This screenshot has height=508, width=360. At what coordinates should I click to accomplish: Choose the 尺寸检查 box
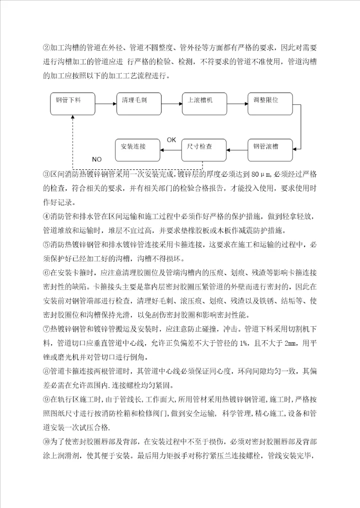(x=202, y=148)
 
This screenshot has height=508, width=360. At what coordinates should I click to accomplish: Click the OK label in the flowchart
(x=171, y=139)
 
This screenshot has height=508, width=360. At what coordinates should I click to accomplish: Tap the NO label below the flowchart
(x=96, y=159)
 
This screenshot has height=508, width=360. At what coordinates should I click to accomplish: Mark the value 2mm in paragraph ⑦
(x=289, y=343)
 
